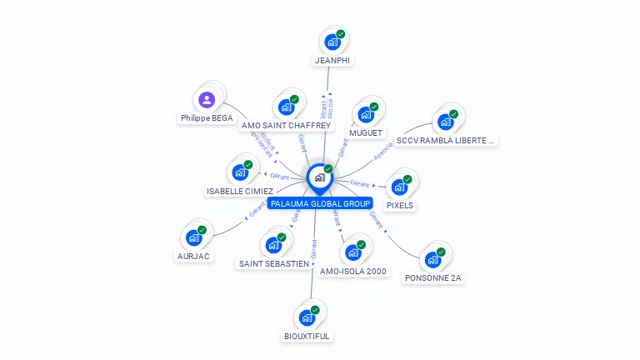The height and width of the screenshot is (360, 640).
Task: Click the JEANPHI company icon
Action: [x=332, y=42]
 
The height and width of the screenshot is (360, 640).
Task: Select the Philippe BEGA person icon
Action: [x=207, y=100]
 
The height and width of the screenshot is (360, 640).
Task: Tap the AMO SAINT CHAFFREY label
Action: [x=286, y=126]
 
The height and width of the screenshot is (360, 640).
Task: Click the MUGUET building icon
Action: [x=366, y=115]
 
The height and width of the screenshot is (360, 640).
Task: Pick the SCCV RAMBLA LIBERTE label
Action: [x=446, y=141]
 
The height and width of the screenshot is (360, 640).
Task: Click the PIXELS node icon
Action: [x=399, y=187]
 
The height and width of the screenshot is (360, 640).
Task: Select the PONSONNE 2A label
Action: [x=432, y=278]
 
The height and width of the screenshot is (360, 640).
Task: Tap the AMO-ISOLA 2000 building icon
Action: [x=353, y=252]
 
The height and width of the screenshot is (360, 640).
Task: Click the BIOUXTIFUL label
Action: [x=307, y=337]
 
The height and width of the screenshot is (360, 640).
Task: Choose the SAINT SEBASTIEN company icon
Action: [x=273, y=246]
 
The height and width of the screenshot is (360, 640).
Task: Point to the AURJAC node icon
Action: [x=194, y=238]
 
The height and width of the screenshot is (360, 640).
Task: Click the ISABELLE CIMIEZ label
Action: [x=239, y=192]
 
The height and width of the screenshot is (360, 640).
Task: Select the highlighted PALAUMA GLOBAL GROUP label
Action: [x=320, y=203]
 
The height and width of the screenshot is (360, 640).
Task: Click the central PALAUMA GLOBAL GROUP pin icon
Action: [x=319, y=177]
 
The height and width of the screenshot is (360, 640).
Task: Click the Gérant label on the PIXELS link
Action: [x=360, y=182]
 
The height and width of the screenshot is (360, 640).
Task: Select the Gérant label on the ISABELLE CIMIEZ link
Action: [x=279, y=176]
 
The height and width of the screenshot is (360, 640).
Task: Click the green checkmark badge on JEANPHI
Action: [x=341, y=34]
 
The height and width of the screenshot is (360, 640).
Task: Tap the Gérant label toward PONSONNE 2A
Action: [x=377, y=221]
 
